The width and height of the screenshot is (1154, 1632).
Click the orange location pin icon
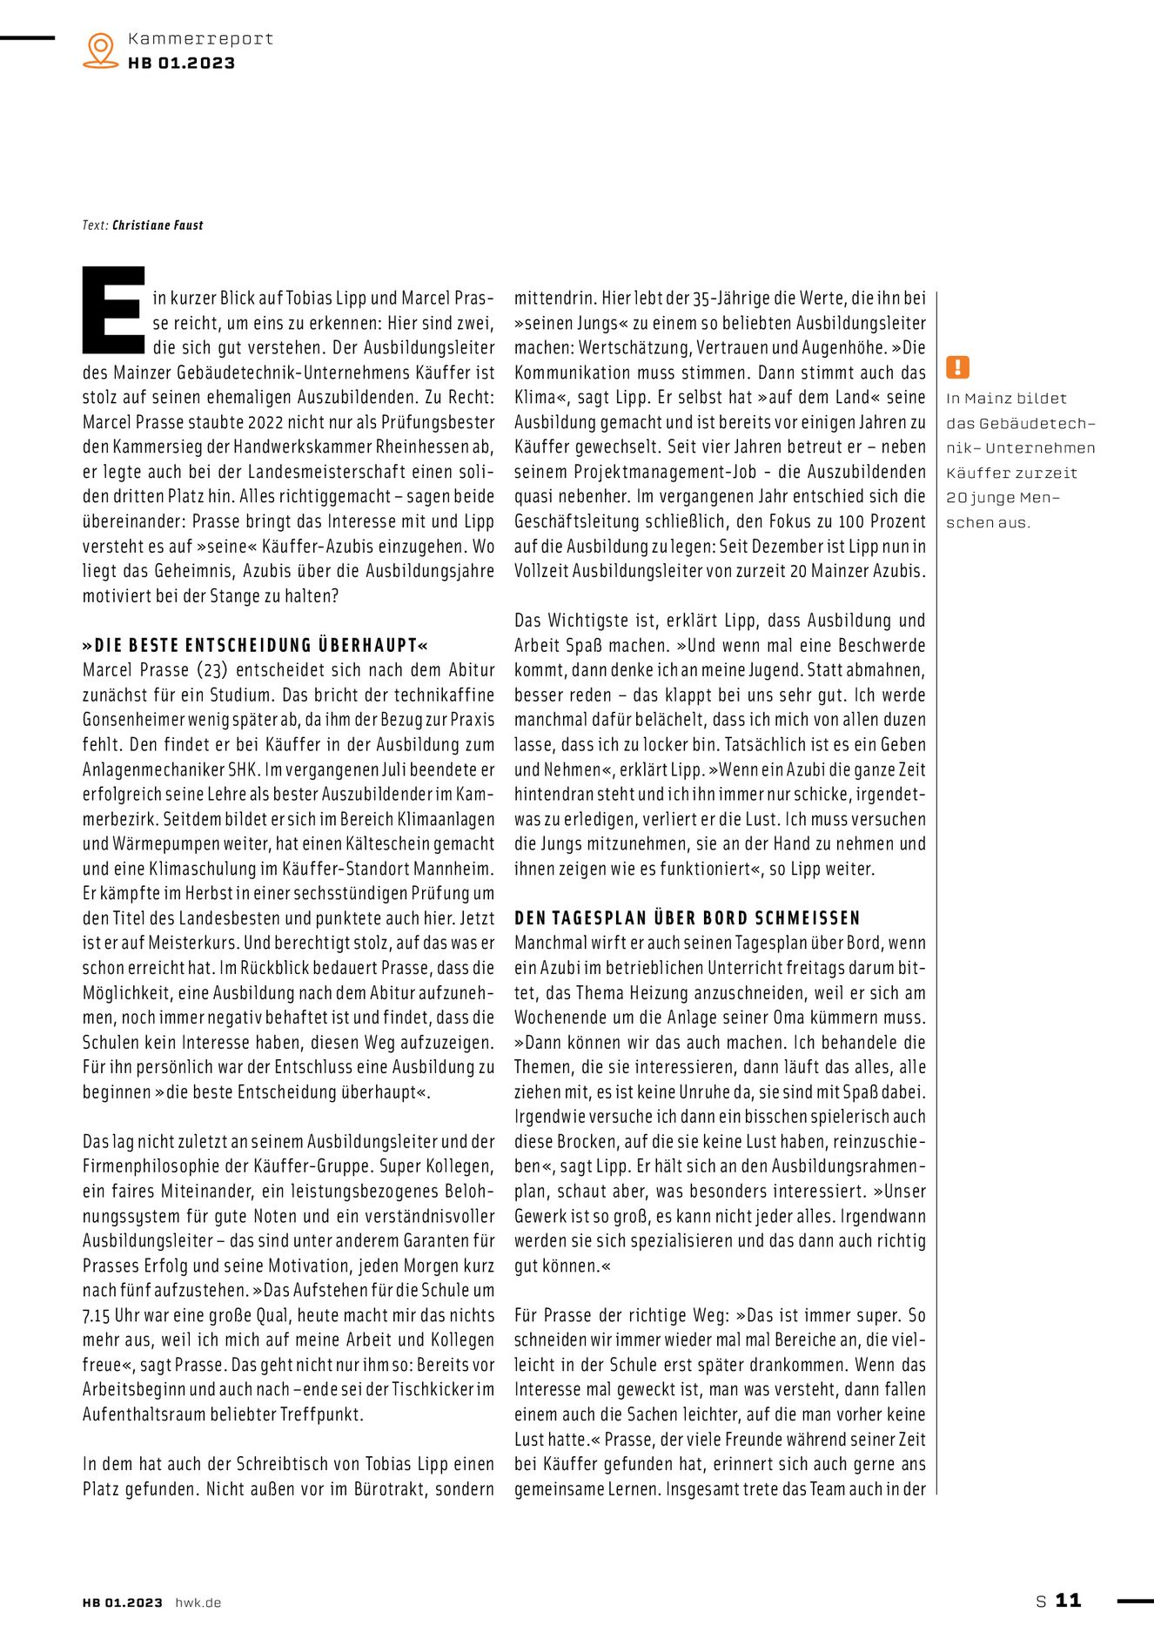coord(101,50)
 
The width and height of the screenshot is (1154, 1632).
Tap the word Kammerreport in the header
coord(200,39)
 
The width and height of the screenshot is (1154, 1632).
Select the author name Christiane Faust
coord(158,225)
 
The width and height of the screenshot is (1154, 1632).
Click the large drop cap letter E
coord(113,311)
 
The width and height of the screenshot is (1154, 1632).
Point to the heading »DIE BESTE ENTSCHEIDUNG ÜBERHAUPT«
coord(256,646)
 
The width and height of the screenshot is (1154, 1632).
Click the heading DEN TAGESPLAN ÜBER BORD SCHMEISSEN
coord(687,918)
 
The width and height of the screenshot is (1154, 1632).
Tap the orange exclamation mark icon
coord(957,367)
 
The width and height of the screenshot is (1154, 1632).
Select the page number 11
coord(1068,1601)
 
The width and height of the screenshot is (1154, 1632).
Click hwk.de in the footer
coord(198,1602)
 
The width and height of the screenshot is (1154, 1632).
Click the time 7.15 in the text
coord(97,1316)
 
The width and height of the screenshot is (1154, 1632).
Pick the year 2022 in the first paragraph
coord(266,423)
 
